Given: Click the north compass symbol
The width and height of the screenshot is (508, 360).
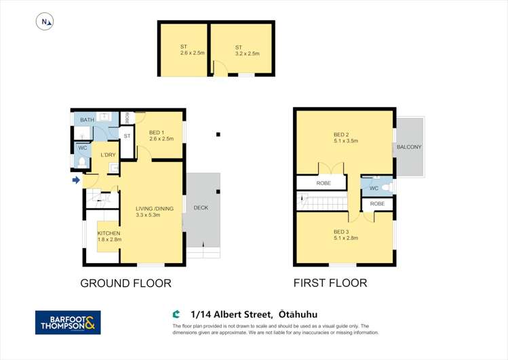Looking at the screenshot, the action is (45, 22).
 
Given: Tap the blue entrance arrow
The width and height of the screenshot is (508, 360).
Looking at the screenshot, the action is (76, 180).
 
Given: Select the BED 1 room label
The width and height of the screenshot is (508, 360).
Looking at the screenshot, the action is (161, 136).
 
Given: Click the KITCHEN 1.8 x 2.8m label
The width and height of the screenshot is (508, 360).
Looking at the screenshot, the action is (109, 237).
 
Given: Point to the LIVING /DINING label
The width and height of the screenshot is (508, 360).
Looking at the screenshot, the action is (155, 212).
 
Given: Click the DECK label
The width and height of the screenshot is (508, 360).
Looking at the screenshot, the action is (201, 208).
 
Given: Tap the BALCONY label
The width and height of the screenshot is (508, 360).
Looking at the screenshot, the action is (409, 147).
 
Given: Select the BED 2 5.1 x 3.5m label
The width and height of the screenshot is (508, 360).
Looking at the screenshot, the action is (346, 138).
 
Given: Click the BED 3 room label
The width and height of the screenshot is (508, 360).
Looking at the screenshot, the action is (346, 235).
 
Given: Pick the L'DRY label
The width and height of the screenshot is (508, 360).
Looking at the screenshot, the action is (109, 155).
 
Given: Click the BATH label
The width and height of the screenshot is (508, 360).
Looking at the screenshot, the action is (87, 120).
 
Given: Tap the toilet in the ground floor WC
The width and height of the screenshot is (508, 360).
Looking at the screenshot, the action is (82, 163).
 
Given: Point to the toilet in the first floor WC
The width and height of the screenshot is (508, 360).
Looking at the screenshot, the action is (387, 187).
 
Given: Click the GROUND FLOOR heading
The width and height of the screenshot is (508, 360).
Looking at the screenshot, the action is (125, 283).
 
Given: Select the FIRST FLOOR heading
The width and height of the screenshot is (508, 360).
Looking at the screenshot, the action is (330, 283).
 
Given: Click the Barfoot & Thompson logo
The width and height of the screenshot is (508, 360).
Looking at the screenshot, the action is (68, 323).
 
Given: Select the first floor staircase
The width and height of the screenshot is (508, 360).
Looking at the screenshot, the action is (322, 201).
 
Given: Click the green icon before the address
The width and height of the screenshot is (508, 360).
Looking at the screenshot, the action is (176, 314).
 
